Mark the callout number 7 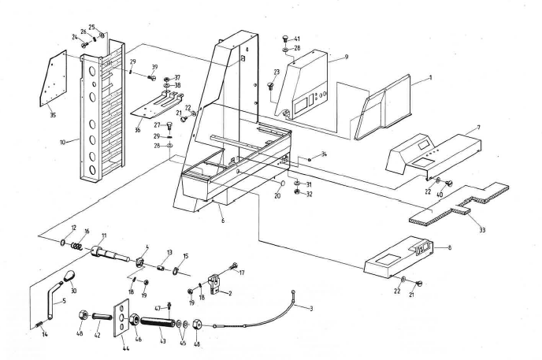click(478, 126)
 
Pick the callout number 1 click(431, 79)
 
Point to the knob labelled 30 click(69, 275)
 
